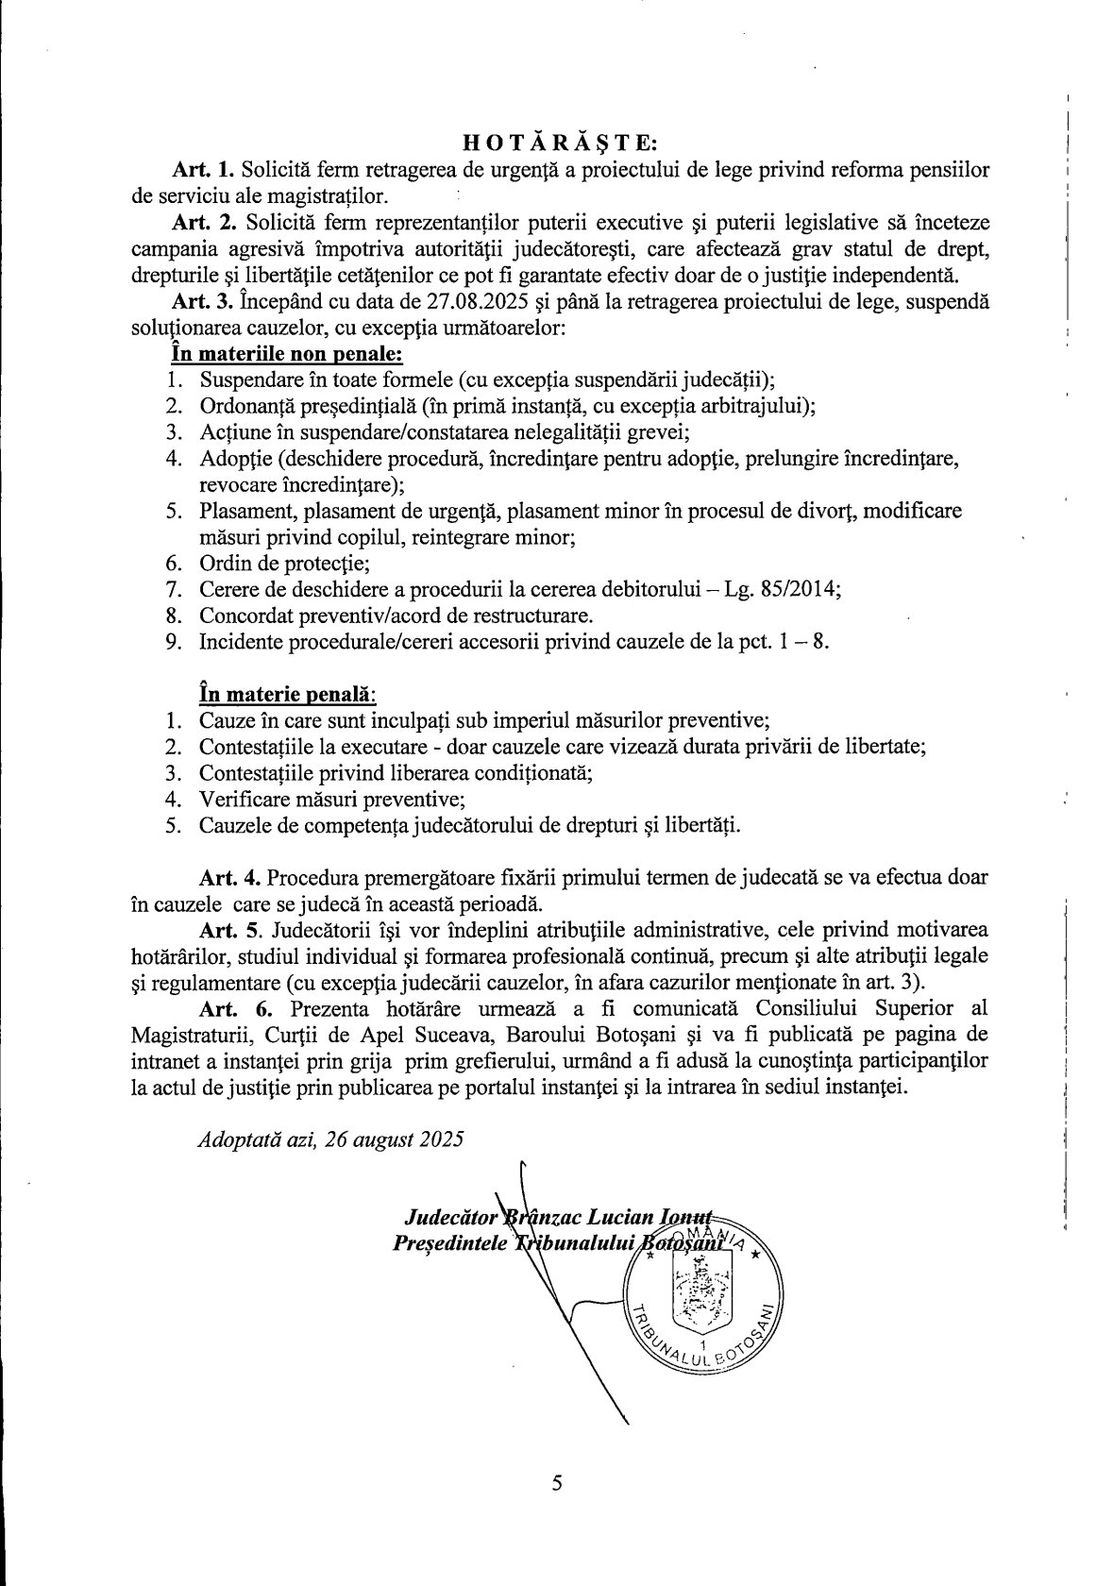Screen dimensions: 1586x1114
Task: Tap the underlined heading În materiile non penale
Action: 286,356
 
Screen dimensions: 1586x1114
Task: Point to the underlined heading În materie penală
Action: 286,694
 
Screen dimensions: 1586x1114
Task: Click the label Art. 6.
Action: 229,1008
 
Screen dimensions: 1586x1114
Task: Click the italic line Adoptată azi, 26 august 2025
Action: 330,1139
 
